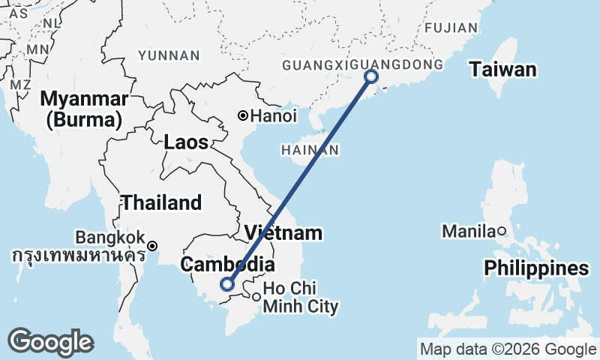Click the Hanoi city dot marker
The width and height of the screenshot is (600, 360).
click(243, 115)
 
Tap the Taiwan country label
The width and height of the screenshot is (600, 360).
click(503, 70)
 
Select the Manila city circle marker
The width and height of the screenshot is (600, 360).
click(502, 231)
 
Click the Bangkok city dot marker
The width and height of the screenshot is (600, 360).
click(152, 246)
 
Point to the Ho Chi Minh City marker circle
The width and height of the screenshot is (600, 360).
click(256, 297)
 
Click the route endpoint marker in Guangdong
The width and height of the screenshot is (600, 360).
click(370, 76)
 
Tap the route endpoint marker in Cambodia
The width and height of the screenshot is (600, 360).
click(227, 283)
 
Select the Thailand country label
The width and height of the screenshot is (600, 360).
click(162, 202)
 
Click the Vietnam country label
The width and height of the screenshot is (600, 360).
click(283, 232)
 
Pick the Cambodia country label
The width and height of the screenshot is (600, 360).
click(226, 265)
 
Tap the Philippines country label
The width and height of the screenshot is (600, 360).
click(535, 268)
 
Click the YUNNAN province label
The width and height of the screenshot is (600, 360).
click(169, 55)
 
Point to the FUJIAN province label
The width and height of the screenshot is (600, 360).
click(451, 28)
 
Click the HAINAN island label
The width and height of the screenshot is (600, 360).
click(310, 151)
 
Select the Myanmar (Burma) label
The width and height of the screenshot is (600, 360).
click(82, 109)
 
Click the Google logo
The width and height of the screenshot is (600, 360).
click(50, 342)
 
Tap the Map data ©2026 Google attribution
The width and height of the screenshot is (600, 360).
click(508, 349)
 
